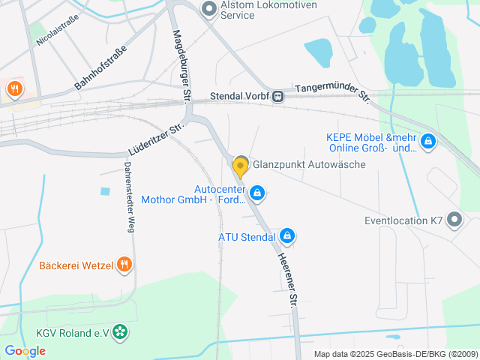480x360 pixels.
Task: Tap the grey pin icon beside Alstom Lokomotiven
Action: pos(209,7)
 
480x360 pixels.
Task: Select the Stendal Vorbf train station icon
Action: pos(278,96)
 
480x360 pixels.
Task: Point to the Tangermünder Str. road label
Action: pos(332,93)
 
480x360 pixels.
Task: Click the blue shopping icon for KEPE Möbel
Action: pos(428,141)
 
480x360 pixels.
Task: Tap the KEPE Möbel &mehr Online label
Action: pos(371,142)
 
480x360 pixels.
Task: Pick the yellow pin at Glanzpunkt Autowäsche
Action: pos(241,166)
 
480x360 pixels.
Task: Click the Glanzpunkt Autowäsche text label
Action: pos(309,165)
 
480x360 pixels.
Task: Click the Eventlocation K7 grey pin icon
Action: pos(454,220)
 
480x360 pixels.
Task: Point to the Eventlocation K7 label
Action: pos(403,221)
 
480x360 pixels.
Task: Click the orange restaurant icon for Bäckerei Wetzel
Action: pos(124,265)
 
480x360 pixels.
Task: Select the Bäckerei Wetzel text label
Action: pos(75,265)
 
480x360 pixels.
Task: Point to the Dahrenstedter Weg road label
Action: pos(129,197)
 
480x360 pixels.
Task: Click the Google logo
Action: pos(25,350)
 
